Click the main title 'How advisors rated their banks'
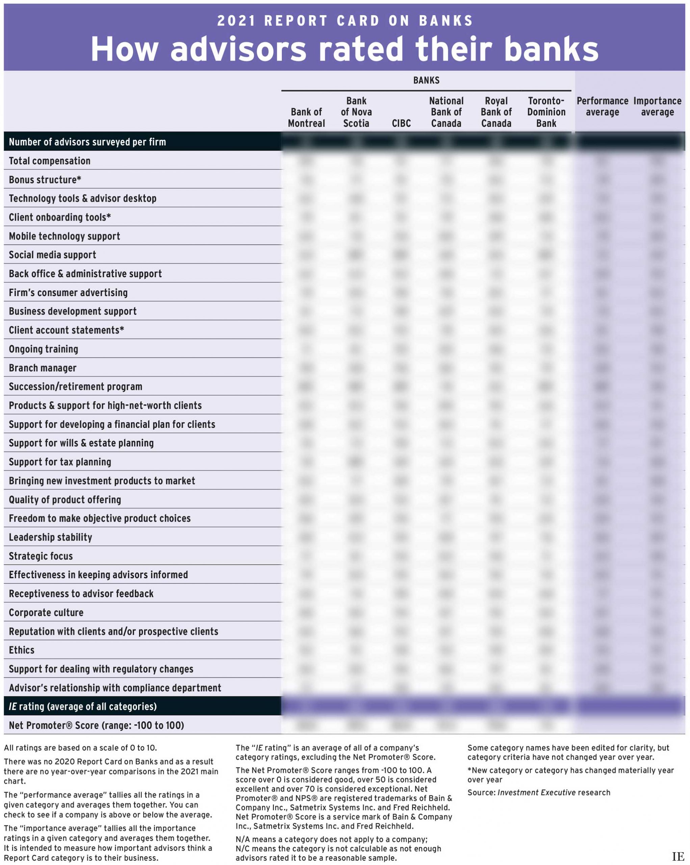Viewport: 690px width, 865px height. pyautogui.click(x=344, y=49)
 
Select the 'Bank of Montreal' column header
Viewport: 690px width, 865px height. pyautogui.click(x=306, y=118)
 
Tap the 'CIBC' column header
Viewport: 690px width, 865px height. pyautogui.click(x=401, y=123)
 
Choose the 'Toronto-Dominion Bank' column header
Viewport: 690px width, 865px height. pyautogui.click(x=546, y=112)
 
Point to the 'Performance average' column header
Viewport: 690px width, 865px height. pyautogui.click(x=602, y=106)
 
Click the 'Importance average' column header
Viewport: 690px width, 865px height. pyautogui.click(x=657, y=106)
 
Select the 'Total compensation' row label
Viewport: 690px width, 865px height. pyautogui.click(x=50, y=161)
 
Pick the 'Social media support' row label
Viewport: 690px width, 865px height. pyautogui.click(x=53, y=255)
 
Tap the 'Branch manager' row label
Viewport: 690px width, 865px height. pyautogui.click(x=43, y=368)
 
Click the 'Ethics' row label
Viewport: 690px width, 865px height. pyautogui.click(x=22, y=650)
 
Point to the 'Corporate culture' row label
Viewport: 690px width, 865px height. pyautogui.click(x=46, y=613)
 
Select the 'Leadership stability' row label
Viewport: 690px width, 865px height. pyautogui.click(x=51, y=537)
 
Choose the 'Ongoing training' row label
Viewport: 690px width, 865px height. pyautogui.click(x=43, y=349)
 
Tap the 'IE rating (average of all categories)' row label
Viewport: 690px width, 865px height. pyautogui.click(x=83, y=707)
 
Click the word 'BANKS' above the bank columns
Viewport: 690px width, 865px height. pyautogui.click(x=426, y=80)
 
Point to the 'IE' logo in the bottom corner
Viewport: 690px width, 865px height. pyautogui.click(x=678, y=856)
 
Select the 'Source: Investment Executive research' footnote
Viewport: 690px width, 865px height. pyautogui.click(x=538, y=792)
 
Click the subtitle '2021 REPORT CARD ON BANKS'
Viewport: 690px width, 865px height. pyautogui.click(x=345, y=21)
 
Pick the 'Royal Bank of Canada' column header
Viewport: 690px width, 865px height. pyautogui.click(x=496, y=112)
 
